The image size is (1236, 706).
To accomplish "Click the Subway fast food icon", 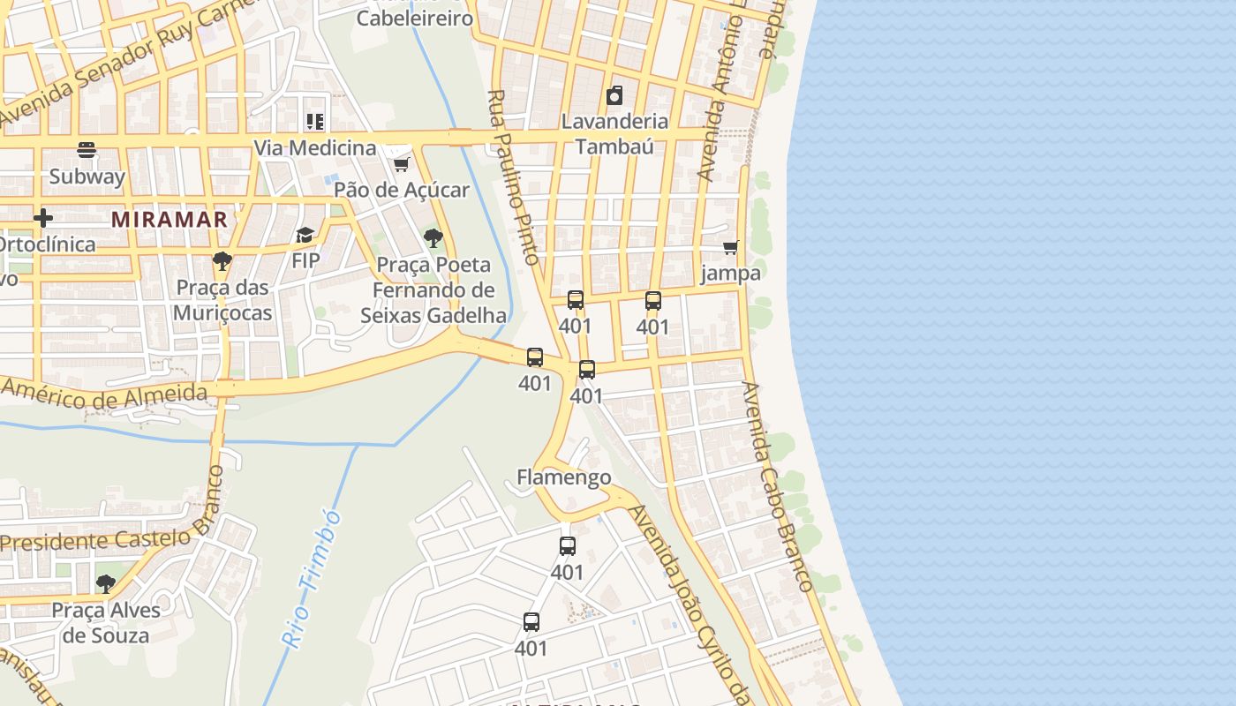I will (x=87, y=149).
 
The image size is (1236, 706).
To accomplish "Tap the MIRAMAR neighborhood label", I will (x=170, y=220).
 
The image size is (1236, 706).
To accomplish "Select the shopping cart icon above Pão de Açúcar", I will (x=401, y=164).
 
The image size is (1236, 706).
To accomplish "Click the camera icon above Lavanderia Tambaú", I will (x=614, y=95).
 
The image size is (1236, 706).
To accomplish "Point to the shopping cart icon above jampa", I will (x=730, y=248).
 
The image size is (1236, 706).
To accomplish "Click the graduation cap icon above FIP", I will (x=305, y=235).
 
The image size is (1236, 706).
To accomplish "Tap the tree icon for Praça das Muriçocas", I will (x=222, y=261).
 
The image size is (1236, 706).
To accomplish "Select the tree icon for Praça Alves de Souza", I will (x=106, y=583).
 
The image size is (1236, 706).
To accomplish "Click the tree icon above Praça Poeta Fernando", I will (x=433, y=237).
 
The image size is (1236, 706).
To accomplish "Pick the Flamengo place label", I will (x=563, y=477).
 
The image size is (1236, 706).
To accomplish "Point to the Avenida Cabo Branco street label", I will (x=777, y=486).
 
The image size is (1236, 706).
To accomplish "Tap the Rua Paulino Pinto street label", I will (x=512, y=176).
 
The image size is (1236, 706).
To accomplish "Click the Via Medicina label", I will (x=315, y=147).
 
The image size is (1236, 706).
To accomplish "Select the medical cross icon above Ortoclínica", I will (x=42, y=218).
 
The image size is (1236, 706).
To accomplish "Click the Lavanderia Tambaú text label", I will (x=614, y=133).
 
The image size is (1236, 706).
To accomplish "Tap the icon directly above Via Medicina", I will (x=315, y=121).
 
